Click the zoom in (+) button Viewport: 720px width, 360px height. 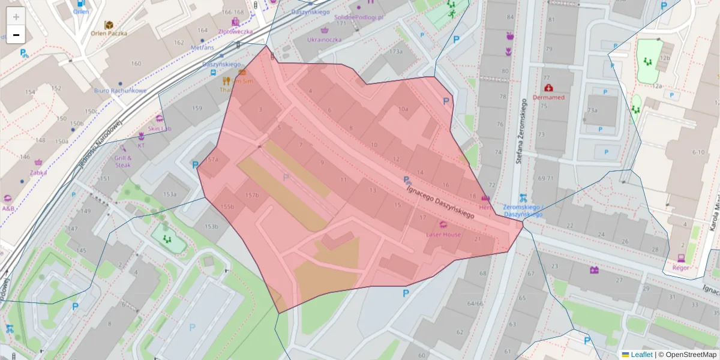click(x=16, y=17)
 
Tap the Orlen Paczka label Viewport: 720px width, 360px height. click(x=109, y=34)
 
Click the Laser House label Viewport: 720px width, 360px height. click(x=443, y=234)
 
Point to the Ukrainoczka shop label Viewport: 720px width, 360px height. click(x=324, y=40)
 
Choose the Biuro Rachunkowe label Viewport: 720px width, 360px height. click(x=120, y=91)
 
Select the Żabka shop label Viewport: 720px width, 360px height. click(x=38, y=172)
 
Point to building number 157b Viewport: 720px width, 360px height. click(x=252, y=195)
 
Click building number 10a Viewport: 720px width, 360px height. click(x=403, y=109)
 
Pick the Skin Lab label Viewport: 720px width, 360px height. click(x=160, y=128)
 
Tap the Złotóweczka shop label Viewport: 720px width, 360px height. click(x=235, y=31)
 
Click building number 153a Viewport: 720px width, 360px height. click(x=170, y=194)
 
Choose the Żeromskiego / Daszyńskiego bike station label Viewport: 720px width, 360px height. click(x=523, y=210)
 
